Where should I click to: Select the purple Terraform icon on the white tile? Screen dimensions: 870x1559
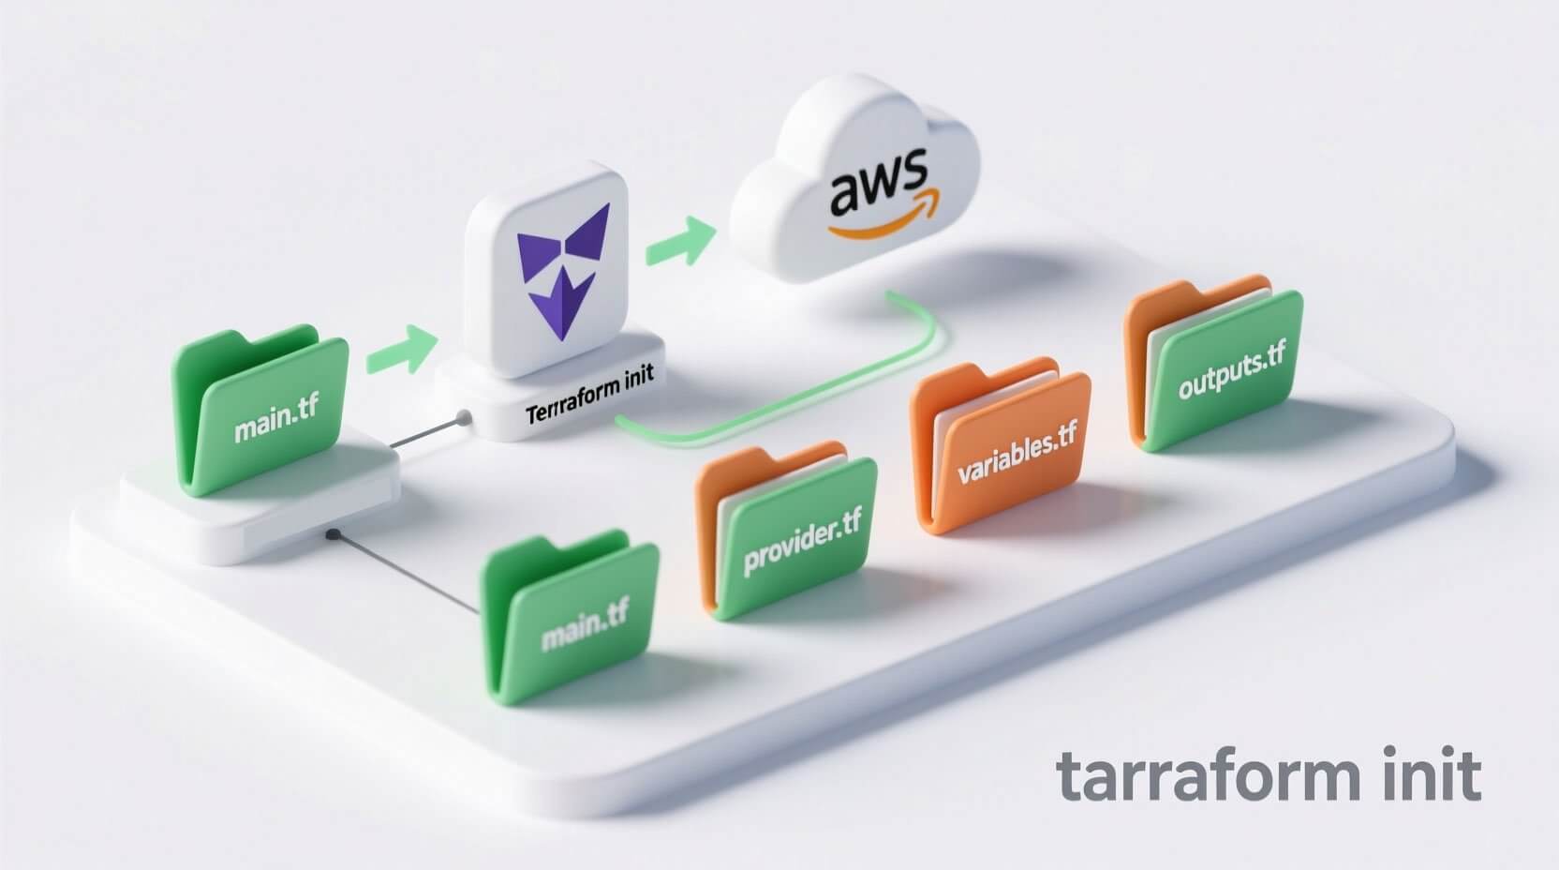click(x=562, y=262)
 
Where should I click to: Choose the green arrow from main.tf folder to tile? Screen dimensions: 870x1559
click(x=401, y=349)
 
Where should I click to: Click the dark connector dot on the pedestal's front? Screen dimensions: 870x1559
click(x=332, y=536)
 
